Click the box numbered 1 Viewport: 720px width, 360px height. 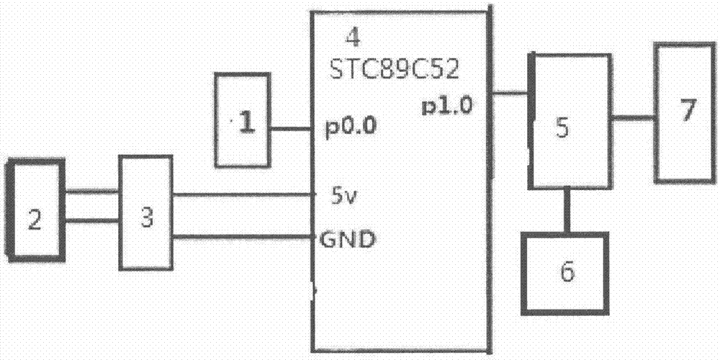(x=242, y=120)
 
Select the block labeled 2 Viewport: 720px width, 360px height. (x=35, y=210)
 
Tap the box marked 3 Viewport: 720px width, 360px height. (x=145, y=212)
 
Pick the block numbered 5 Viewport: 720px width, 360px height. (x=570, y=121)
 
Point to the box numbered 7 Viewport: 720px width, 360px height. (x=685, y=113)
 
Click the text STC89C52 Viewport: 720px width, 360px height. (x=395, y=70)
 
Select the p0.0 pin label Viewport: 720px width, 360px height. (x=351, y=127)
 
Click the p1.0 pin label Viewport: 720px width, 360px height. (x=447, y=107)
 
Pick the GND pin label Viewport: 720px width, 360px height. (x=347, y=239)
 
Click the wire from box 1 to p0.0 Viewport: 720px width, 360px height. (x=291, y=129)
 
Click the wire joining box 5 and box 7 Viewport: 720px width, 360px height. (x=633, y=118)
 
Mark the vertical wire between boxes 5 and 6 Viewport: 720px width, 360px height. (x=567, y=210)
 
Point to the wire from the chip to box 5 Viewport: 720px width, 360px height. (x=510, y=94)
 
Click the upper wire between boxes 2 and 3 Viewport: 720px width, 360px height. (x=91, y=192)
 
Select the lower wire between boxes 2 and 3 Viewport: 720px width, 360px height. (x=91, y=221)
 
